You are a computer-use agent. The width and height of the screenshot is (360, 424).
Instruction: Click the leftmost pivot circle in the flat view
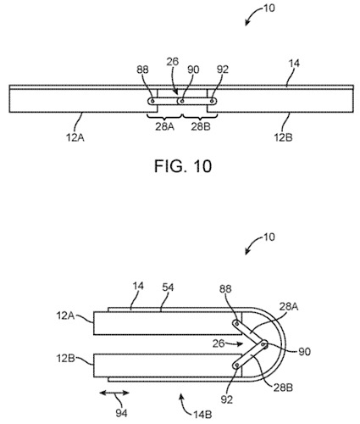click(x=152, y=101)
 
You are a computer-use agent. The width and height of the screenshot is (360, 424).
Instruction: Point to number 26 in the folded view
click(x=218, y=343)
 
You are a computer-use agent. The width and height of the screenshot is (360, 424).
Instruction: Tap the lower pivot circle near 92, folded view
click(x=235, y=366)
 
